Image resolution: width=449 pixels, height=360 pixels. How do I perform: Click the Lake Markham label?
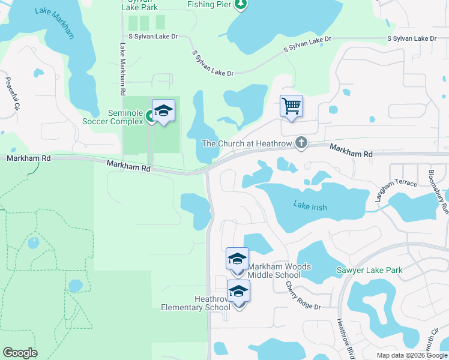point(55,23)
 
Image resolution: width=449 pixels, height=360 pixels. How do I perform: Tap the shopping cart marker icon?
point(291,107)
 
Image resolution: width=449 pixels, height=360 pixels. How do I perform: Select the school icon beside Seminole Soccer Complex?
point(163,111)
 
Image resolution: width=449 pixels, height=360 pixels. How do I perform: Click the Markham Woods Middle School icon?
point(237,259)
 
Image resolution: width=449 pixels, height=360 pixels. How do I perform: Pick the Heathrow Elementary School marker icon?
point(238,292)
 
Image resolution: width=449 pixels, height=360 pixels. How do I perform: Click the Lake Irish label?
point(310,206)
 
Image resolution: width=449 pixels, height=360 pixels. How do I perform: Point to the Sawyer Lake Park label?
point(369,271)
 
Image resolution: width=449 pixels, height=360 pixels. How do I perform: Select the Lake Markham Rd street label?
point(122,69)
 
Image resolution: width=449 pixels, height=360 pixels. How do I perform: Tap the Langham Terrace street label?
point(395,188)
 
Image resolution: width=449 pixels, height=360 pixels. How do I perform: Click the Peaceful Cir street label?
point(13,93)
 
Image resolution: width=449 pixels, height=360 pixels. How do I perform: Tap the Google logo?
point(20,353)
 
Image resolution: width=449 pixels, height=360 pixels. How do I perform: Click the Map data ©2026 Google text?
point(412,355)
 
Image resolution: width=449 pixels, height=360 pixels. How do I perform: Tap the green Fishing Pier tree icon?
point(241,5)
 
